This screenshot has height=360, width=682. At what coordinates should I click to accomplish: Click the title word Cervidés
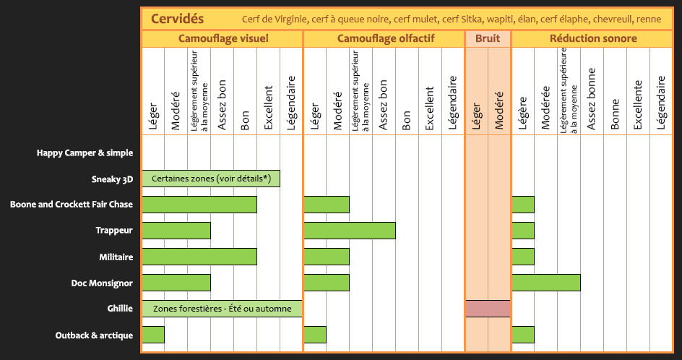point(178,18)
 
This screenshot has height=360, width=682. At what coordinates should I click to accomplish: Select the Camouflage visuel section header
point(222,38)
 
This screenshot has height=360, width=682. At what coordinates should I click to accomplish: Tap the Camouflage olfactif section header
point(386,38)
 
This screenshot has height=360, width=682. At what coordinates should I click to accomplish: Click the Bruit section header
point(488,38)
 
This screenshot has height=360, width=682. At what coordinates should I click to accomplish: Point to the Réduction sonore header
point(593,38)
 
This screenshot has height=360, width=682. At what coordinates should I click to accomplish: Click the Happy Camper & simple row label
point(85,153)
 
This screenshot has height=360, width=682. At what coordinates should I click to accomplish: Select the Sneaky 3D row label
point(112,179)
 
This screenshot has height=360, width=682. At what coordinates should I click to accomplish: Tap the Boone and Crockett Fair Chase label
point(72,205)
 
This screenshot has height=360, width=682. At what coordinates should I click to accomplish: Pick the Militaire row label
point(116,257)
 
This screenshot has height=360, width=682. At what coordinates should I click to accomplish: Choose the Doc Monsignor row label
point(102,283)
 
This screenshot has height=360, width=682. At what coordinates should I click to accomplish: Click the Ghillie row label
point(119,309)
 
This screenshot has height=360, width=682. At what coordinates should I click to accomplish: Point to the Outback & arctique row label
point(94,335)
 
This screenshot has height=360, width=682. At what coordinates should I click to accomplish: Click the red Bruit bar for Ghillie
point(488,309)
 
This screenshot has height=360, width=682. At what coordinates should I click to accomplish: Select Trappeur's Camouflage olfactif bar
point(350,231)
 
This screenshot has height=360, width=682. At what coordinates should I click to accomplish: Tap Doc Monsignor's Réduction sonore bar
point(546,283)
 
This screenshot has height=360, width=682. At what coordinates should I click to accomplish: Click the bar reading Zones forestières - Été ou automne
point(222,309)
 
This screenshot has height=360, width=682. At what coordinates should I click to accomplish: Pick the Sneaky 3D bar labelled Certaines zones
point(211,179)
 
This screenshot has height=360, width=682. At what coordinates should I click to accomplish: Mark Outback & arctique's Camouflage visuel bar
point(153,335)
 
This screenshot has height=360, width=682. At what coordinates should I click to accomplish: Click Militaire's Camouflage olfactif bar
point(327,257)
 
